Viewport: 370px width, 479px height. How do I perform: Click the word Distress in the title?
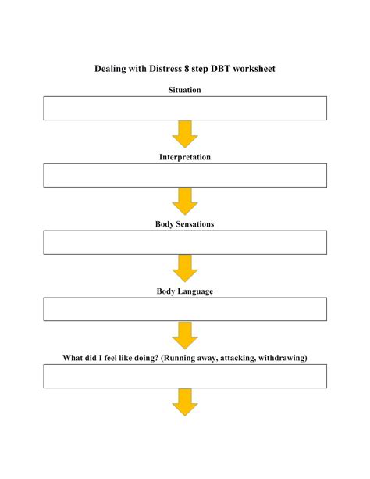pos(165,69)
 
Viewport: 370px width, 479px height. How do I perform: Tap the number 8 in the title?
pos(187,69)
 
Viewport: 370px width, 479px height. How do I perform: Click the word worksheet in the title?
pos(254,69)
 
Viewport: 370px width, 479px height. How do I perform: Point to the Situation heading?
pos(184,90)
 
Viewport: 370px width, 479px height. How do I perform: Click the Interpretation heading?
pos(185,157)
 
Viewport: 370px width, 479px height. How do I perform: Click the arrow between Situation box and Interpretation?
pos(185,134)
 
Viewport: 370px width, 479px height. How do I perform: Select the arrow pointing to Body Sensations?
pos(185,202)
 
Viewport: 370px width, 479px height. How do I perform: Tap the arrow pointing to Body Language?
pos(185,269)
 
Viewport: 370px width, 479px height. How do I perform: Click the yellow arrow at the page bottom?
pos(185,402)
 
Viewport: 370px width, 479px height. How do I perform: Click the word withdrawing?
pos(283,358)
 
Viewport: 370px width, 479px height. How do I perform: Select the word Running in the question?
pos(178,358)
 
